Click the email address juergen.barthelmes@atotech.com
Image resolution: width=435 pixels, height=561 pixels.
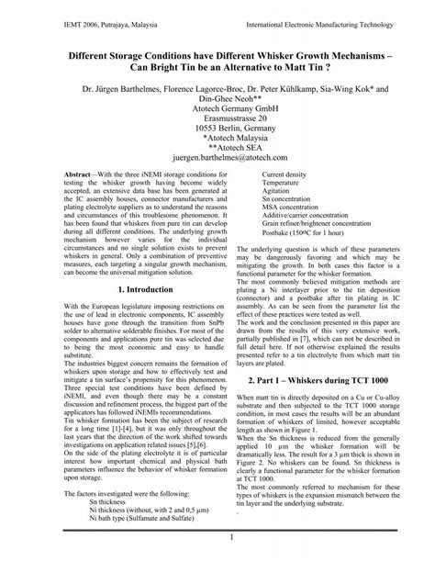click(217, 157)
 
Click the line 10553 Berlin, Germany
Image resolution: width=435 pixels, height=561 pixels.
click(217, 133)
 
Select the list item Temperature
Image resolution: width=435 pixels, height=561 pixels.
click(284, 183)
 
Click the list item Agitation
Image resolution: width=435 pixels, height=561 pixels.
click(280, 193)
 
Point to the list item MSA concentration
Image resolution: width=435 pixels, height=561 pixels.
click(295, 212)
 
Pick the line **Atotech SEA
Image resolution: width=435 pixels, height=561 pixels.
click(217, 145)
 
